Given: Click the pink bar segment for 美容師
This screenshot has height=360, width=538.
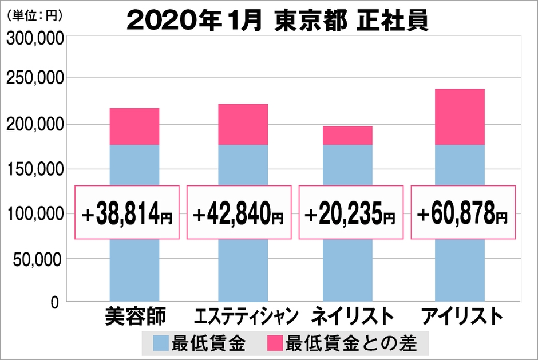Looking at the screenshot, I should (x=134, y=126).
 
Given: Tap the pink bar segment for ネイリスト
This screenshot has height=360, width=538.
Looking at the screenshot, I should (x=347, y=136).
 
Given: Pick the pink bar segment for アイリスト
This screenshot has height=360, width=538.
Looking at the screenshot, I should (x=460, y=117).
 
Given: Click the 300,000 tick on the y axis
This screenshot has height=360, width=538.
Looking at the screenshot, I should (x=34, y=40).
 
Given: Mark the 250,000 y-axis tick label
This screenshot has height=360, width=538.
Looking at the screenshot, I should (x=34, y=80).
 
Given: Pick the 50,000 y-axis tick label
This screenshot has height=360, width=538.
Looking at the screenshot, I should (x=38, y=259).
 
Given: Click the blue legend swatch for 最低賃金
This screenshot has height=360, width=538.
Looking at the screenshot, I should (x=161, y=344).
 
